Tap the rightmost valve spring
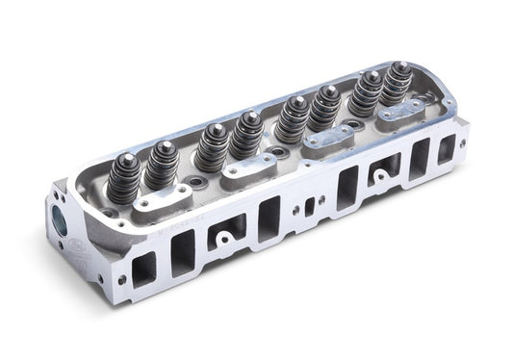(395, 88)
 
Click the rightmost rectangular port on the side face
(446, 149)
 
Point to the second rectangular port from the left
(182, 249)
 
